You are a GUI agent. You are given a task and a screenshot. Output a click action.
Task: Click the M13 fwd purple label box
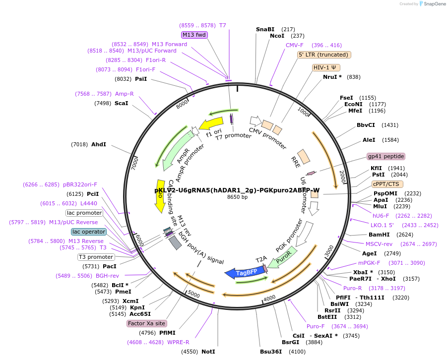pos(194,35)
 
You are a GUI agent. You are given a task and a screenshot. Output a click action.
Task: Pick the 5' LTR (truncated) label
pos(324,55)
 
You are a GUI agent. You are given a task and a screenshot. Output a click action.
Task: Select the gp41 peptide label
pos(385,156)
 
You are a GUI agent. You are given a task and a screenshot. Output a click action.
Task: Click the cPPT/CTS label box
pos(387,184)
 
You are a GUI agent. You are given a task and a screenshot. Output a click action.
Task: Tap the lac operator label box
pos(89,232)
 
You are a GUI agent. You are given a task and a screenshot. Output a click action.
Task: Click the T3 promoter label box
pos(96,257)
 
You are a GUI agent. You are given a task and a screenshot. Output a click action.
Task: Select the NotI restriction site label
pos(208,352)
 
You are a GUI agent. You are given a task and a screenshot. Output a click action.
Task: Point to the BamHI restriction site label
pos(377,235)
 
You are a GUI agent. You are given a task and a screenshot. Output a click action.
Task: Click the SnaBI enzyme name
pos(265,29)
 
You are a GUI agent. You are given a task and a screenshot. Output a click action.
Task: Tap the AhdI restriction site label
pos(99,144)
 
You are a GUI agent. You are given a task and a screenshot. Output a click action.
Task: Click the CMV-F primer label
pos(295,45)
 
